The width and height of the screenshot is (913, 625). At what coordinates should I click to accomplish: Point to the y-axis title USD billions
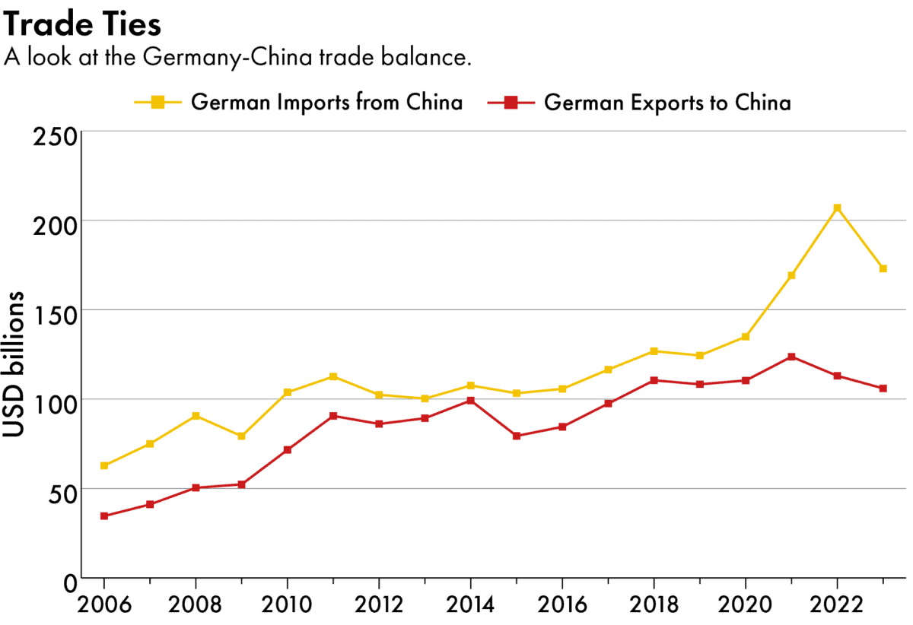pyautogui.click(x=14, y=364)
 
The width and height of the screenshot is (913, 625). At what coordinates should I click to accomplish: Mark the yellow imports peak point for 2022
pyautogui.click(x=837, y=208)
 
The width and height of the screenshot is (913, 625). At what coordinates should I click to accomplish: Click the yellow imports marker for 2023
pyautogui.click(x=883, y=268)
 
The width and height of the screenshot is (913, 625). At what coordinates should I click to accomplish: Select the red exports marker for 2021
pyautogui.click(x=791, y=357)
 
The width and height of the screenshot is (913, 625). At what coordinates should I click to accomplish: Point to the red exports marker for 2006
pyautogui.click(x=103, y=516)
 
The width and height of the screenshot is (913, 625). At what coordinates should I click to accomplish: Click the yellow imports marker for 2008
pyautogui.click(x=196, y=416)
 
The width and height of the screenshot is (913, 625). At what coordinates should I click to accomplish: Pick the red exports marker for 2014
pyautogui.click(x=470, y=401)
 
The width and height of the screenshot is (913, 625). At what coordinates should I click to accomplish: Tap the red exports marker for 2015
pyautogui.click(x=517, y=436)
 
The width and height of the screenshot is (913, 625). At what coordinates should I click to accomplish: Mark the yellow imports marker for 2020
pyautogui.click(x=746, y=337)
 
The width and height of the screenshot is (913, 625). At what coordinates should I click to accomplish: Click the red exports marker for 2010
pyautogui.click(x=287, y=450)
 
